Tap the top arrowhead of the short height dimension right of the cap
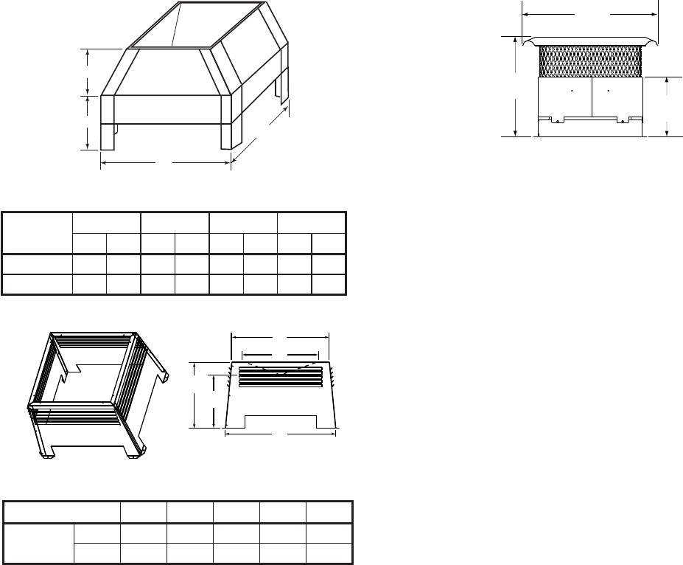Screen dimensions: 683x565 pos(667,79)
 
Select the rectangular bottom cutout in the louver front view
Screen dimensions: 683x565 pos(281,422)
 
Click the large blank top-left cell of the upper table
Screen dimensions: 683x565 pos(38,232)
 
